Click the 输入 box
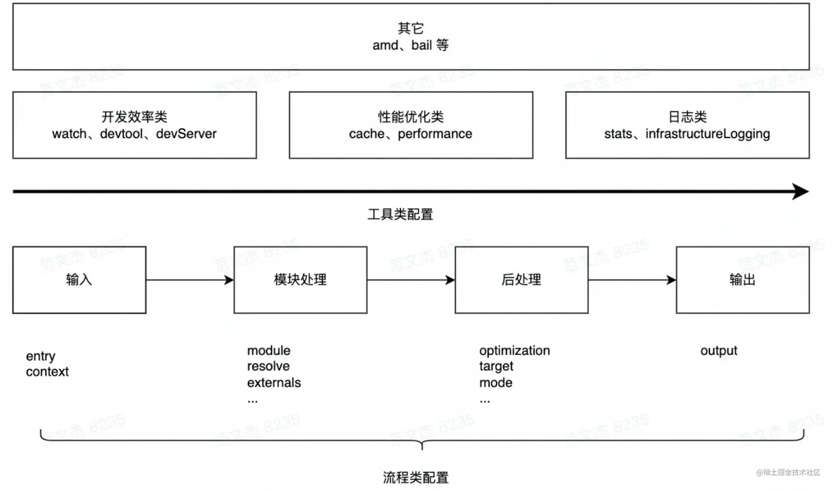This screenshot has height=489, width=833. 79,280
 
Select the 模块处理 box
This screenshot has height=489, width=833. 300,280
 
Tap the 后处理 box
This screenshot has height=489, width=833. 521,280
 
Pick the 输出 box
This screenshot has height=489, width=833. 742,280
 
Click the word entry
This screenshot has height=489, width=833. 41,356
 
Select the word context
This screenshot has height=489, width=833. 47,372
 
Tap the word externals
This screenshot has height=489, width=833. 274,383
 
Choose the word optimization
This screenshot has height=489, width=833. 514,351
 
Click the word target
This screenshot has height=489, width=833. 496,366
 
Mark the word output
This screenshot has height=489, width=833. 719,351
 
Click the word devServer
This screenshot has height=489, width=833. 186,134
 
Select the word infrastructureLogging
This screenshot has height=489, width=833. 707,134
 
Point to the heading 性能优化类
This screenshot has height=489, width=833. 411,117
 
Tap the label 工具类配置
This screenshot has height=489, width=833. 400,214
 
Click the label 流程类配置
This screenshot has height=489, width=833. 416,477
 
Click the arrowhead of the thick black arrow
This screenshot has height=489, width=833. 800,191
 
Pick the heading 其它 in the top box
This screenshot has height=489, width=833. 411,28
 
